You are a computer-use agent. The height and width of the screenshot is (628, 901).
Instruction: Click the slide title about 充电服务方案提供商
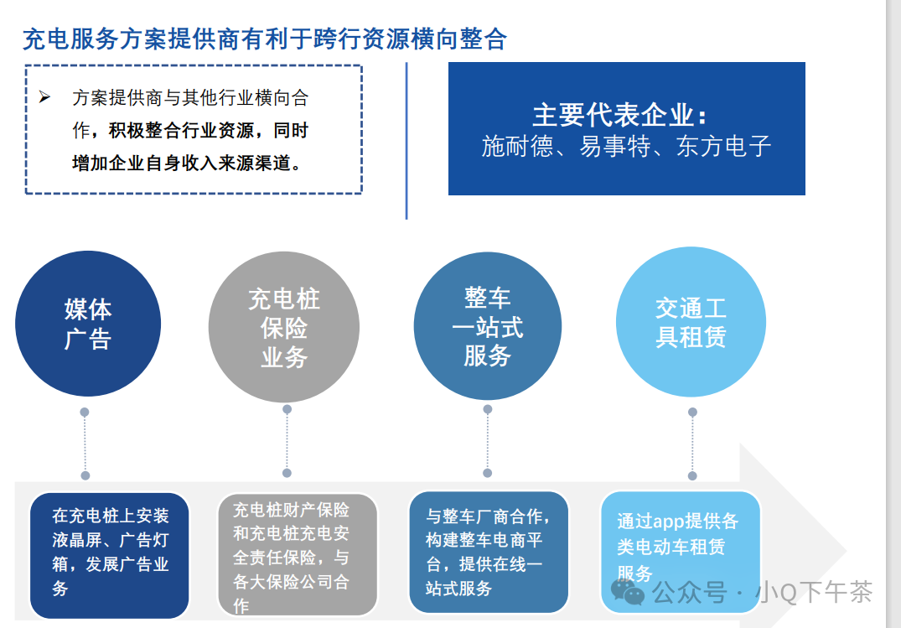(x=264, y=39)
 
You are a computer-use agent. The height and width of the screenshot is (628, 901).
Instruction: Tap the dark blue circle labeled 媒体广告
(x=87, y=324)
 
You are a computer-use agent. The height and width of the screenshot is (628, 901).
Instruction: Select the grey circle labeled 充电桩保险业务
(x=283, y=328)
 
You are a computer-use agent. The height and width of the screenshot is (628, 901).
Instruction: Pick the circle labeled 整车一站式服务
(x=487, y=326)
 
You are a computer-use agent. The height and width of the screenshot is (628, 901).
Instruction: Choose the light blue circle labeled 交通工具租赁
(x=691, y=322)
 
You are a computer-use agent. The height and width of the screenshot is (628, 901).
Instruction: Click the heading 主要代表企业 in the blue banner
(x=625, y=115)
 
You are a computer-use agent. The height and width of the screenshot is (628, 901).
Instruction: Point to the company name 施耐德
(x=517, y=147)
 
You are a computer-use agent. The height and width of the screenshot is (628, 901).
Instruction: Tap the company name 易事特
(x=614, y=147)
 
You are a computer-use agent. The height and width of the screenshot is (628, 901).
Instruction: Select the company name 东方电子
(x=723, y=147)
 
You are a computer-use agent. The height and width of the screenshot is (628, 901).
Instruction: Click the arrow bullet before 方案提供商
(x=45, y=98)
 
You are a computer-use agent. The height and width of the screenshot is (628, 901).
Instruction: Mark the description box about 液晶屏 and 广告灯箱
(x=110, y=553)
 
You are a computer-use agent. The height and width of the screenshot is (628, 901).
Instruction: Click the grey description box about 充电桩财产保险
(x=297, y=554)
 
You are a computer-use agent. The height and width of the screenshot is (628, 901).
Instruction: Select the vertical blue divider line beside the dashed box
(x=406, y=140)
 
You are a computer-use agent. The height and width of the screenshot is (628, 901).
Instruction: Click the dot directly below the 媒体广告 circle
(x=85, y=413)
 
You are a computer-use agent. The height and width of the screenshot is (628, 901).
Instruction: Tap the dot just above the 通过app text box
(x=692, y=475)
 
